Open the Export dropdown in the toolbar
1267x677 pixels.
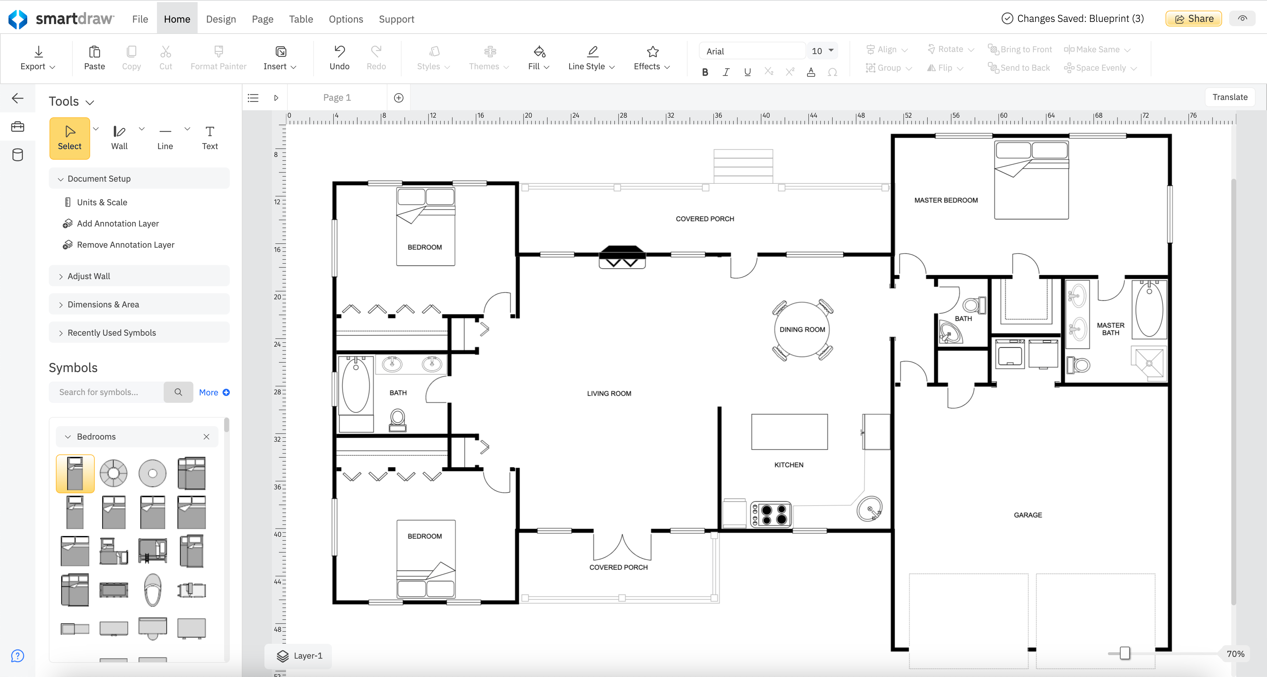[x=38, y=58]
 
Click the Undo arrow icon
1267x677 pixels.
[x=339, y=51]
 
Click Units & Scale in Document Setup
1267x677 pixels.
[x=102, y=202]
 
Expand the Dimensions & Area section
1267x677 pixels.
[x=103, y=304]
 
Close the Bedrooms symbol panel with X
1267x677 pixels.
[x=206, y=437]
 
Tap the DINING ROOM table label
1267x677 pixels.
[x=802, y=329]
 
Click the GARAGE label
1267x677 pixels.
[x=1027, y=515]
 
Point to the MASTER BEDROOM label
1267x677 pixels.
[x=945, y=200]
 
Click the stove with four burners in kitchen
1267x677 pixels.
[x=771, y=514]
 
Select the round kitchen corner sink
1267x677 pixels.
[x=869, y=508]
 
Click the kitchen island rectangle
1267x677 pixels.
[x=789, y=432]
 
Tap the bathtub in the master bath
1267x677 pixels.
[x=1149, y=310]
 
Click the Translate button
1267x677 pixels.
[x=1229, y=97]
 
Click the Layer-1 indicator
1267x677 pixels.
[x=299, y=655]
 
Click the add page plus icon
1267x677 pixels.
[x=398, y=98]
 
